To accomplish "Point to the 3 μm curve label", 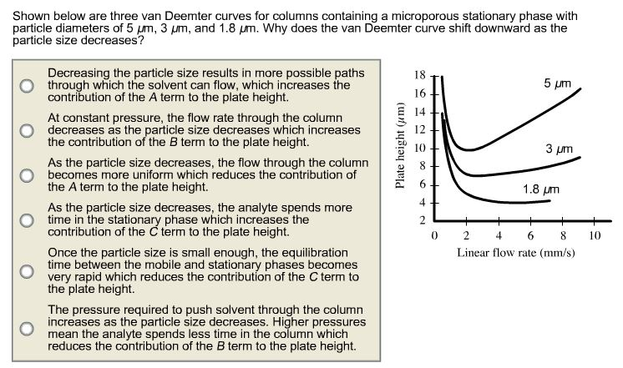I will tap(560, 149).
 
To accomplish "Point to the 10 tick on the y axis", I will tap(420, 149).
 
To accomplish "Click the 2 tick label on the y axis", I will tap(423, 220).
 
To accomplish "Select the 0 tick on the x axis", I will tap(435, 236).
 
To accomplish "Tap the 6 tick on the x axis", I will tap(530, 236).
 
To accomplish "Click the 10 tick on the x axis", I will tap(594, 236).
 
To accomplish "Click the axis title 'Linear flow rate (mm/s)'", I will tap(515, 252).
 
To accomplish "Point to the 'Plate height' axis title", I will tap(402, 147).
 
